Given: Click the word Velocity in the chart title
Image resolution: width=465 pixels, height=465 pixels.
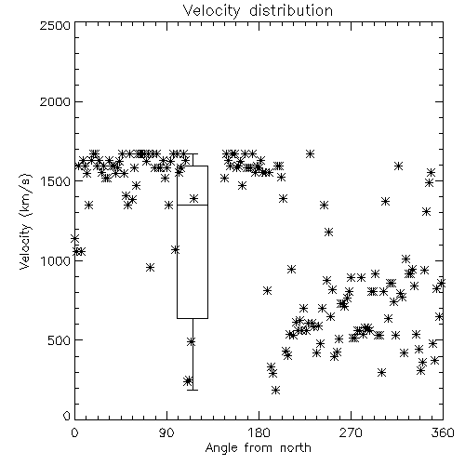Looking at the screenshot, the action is point(212,11).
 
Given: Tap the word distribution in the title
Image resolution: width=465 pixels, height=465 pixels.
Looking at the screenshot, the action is point(291,10).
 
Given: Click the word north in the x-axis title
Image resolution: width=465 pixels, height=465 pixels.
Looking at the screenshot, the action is point(296,448).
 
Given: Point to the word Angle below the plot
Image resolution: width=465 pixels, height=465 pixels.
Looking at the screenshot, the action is point(220,448).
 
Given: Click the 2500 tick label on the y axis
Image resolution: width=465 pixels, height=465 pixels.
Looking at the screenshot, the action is point(56,25).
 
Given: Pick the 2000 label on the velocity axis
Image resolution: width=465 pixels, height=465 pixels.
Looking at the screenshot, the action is point(56,101).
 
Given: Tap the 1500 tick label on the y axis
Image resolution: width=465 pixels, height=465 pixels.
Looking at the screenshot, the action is point(56,181).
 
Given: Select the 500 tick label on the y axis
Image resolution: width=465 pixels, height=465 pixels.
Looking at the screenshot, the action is point(60,340).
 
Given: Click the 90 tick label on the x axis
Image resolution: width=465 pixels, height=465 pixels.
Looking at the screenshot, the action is point(166,432).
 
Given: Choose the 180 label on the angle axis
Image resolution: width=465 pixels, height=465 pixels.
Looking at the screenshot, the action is point(259,432).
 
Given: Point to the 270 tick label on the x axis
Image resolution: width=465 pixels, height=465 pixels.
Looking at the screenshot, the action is point(351,432).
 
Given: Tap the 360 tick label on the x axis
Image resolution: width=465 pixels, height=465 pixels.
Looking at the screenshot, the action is point(443,432).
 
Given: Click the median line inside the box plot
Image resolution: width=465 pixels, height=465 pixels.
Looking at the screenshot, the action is point(193,205).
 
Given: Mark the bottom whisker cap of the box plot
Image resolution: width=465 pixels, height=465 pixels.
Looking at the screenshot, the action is point(193,390).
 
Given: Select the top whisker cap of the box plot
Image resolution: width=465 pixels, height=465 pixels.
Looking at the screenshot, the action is point(193,153).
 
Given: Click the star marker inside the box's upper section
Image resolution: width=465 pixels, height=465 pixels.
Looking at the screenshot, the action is point(193,198).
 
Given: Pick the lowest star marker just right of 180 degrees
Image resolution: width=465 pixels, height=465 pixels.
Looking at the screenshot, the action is point(275,390).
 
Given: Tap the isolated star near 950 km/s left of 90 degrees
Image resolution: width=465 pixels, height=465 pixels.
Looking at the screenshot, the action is point(150,267).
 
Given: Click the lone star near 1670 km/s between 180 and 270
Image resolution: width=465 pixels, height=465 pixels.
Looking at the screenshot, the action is point(310,153).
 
